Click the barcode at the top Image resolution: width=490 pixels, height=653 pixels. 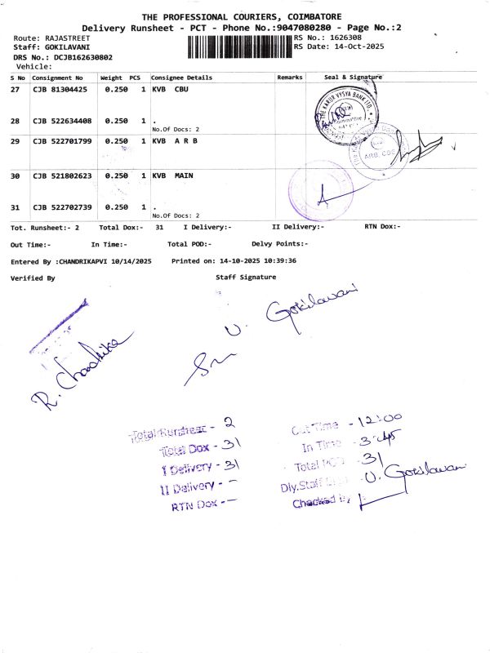(238, 46)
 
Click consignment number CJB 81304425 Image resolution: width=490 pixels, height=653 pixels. (59, 89)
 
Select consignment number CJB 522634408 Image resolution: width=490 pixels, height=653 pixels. (62, 121)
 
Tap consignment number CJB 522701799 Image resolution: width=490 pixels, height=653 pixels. (62, 141)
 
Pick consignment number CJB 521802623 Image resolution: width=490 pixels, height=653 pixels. (62, 175)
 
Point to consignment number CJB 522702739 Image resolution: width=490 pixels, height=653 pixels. (62, 207)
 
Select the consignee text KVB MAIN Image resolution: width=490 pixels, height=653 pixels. (173, 175)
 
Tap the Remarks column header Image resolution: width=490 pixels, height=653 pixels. (290, 77)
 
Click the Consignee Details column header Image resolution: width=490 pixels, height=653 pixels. (181, 77)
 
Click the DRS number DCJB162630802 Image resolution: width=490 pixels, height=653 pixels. (83, 57)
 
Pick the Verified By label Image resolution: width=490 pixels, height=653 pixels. (33, 278)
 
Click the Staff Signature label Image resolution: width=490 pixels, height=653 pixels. (246, 277)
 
